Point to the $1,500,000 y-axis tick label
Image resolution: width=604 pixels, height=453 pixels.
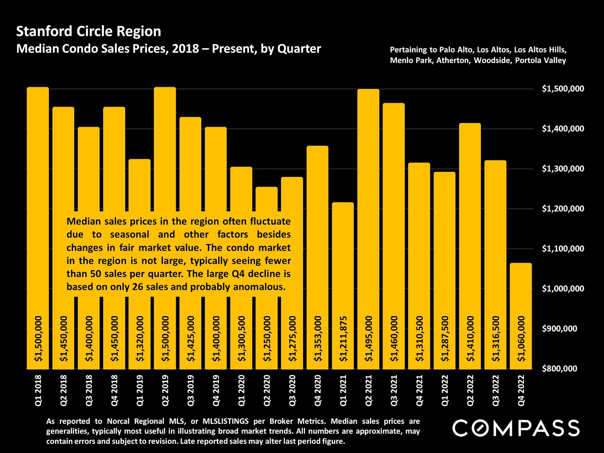click(x=563, y=89)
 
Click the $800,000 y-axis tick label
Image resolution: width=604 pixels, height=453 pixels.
click(x=559, y=368)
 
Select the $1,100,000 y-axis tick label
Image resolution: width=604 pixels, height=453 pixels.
click(x=563, y=249)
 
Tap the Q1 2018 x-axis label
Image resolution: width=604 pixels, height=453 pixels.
click(x=38, y=390)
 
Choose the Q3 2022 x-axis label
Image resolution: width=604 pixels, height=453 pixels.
click(x=495, y=390)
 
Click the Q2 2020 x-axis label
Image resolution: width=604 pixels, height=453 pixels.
click(x=267, y=390)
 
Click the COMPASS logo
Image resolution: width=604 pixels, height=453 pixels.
click(x=516, y=428)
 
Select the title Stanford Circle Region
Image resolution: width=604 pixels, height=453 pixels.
click(x=88, y=31)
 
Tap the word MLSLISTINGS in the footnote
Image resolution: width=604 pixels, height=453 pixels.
click(x=226, y=421)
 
